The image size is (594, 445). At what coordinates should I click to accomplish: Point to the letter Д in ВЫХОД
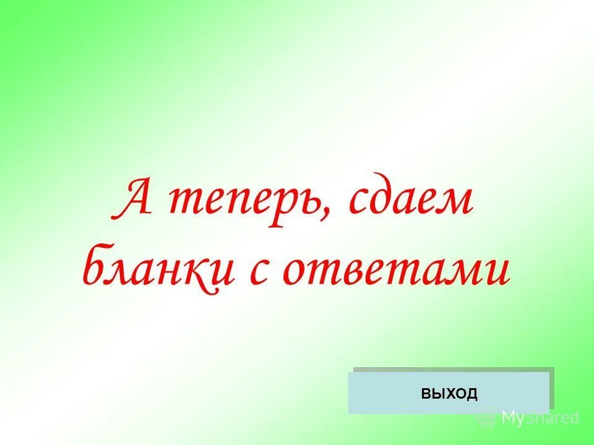(472, 393)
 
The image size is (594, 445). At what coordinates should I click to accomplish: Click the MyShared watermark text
(540, 418)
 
